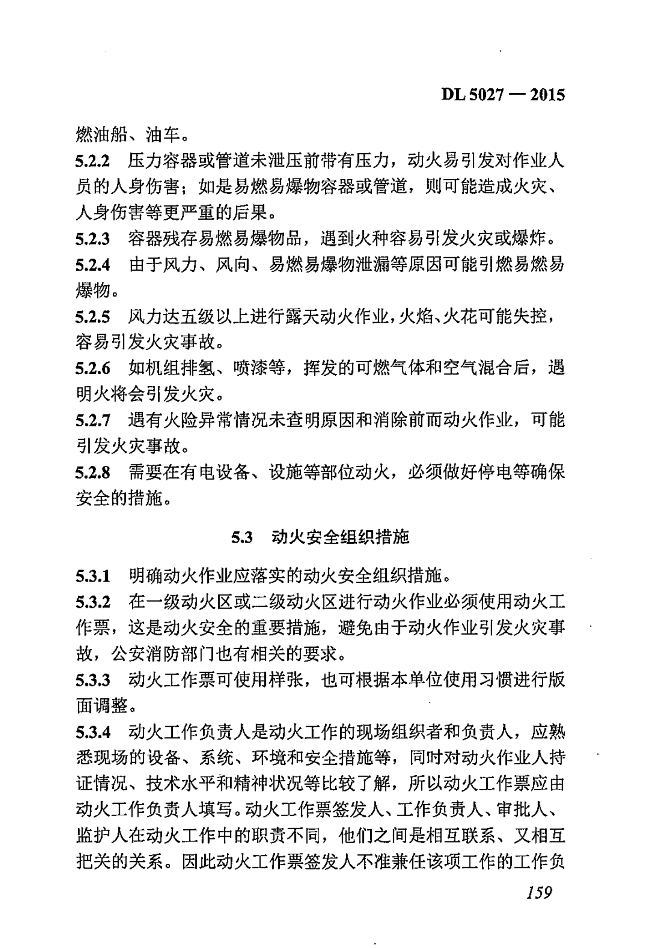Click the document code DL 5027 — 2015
[x=503, y=95]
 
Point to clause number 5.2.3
[x=92, y=239]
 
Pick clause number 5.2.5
[x=92, y=317]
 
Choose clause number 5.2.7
[x=92, y=421]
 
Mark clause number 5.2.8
[x=92, y=473]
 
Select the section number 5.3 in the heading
[x=242, y=537]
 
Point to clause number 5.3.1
[x=92, y=576]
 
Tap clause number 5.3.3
[x=92, y=680]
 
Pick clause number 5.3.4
[x=92, y=732]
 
